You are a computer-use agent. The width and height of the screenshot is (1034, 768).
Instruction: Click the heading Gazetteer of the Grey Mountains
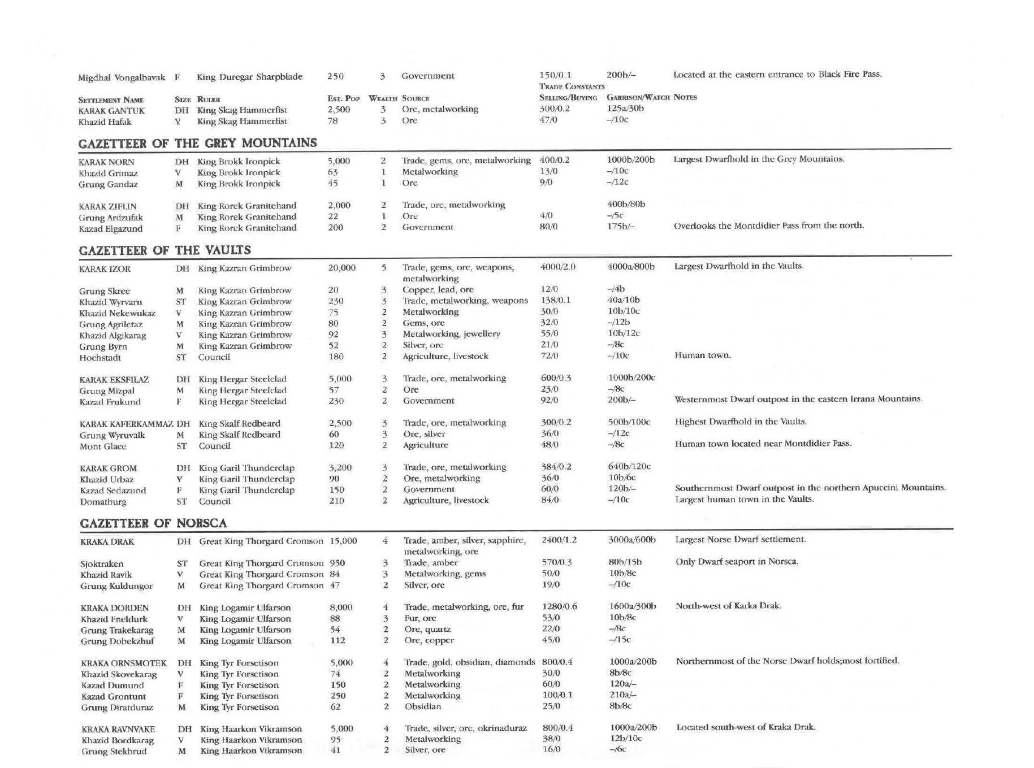pyautogui.click(x=197, y=143)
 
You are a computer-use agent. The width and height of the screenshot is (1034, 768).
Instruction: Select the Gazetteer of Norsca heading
pyautogui.click(x=153, y=523)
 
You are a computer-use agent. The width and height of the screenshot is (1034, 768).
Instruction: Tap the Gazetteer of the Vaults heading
pyautogui.click(x=165, y=250)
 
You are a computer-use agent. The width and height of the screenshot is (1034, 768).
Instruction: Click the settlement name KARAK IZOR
pyautogui.click(x=105, y=269)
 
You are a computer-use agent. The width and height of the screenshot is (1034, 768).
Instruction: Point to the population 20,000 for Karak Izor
pyautogui.click(x=342, y=268)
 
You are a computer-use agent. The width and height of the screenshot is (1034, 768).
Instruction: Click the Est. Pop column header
pyautogui.click(x=344, y=98)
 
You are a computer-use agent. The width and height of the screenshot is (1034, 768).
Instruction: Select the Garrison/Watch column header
pyautogui.click(x=638, y=98)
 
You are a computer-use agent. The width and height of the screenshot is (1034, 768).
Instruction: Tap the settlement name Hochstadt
pyautogui.click(x=100, y=358)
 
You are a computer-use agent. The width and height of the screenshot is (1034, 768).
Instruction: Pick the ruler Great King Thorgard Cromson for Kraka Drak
pyautogui.click(x=261, y=541)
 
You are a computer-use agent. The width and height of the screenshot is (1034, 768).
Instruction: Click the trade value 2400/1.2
pyautogui.click(x=559, y=540)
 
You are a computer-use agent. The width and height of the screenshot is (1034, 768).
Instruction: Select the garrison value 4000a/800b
pyautogui.click(x=631, y=266)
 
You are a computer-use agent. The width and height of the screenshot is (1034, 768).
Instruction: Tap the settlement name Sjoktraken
pyautogui.click(x=102, y=564)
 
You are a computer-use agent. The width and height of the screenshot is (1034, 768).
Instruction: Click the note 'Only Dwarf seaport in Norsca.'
pyautogui.click(x=737, y=562)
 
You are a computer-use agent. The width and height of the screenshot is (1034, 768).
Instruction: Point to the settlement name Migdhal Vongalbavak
pyautogui.click(x=122, y=77)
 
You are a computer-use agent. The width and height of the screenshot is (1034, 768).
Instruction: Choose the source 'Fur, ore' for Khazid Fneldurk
pyautogui.click(x=420, y=618)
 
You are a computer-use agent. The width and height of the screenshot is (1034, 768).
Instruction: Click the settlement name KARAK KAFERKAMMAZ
pyautogui.click(x=126, y=424)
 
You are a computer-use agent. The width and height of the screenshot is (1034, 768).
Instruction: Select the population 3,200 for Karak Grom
pyautogui.click(x=340, y=468)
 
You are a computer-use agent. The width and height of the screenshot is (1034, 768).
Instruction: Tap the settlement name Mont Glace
pyautogui.click(x=103, y=446)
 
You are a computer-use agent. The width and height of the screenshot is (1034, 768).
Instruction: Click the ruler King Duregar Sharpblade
pyautogui.click(x=249, y=77)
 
